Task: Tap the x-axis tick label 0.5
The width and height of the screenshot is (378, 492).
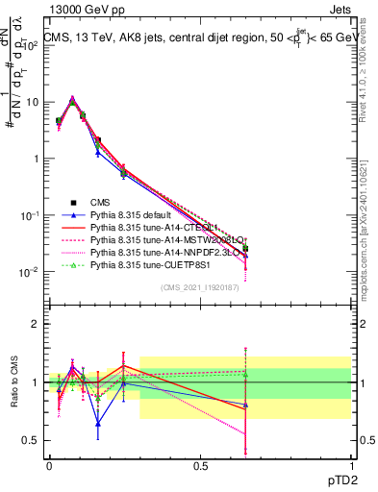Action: click(x=200, y=465)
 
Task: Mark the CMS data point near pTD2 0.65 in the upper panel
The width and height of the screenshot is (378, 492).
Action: click(x=245, y=249)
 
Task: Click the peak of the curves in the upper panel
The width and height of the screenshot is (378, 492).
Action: click(x=72, y=98)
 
